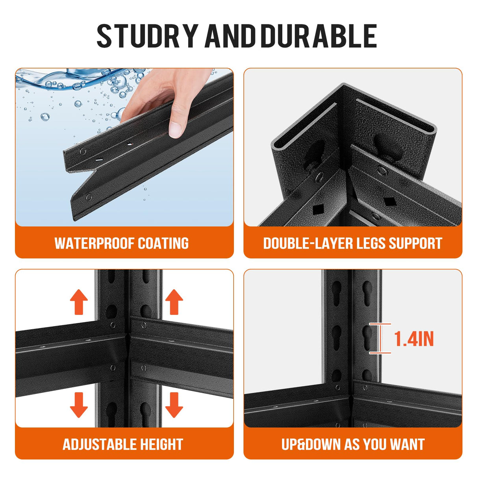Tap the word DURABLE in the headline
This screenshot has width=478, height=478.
point(319,36)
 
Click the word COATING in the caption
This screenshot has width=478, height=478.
point(163,243)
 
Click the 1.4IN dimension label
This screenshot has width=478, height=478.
point(414,339)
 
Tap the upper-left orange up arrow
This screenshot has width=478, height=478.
point(79,302)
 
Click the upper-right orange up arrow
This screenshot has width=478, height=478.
point(174,302)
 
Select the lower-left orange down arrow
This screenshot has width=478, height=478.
point(79,405)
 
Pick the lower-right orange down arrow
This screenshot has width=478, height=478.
point(174,405)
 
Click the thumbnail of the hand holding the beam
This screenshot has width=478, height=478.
point(124,147)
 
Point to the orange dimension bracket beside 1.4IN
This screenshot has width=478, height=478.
point(380,338)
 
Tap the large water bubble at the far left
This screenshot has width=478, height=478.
point(45,117)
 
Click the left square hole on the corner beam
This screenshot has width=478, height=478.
point(317,210)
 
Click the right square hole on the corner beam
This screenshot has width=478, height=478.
point(388,201)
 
